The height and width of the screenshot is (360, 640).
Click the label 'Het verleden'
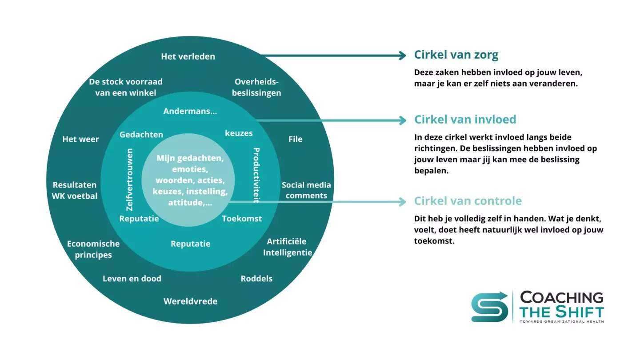pos(188,56)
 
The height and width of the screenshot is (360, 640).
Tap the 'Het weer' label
pos(80,139)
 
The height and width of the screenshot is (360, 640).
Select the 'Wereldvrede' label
pos(190,301)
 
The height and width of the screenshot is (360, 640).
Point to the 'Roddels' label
pos(256,279)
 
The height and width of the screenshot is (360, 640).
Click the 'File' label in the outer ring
pos(295,139)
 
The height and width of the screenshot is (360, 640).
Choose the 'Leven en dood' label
pos(132,279)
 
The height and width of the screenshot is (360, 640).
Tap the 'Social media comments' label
pos(306,190)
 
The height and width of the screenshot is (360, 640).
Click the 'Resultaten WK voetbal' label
pos(75,190)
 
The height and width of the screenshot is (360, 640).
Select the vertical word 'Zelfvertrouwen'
pos(130,179)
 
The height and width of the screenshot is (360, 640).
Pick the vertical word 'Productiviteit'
pos(256,175)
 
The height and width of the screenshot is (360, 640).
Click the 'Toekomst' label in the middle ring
pos(242,219)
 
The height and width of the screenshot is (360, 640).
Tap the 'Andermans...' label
pos(190,111)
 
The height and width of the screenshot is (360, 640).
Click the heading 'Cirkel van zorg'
pos(456,55)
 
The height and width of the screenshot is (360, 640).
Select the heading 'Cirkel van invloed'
pos(465,120)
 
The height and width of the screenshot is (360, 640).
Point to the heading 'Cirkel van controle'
pos(468,201)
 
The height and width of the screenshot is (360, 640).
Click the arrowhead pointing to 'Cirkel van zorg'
pos(402,56)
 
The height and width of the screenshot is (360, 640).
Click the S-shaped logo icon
pos(489,306)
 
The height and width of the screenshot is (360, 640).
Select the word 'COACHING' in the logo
pos(562,297)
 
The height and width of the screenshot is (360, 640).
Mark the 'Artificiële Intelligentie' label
pos(287,247)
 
